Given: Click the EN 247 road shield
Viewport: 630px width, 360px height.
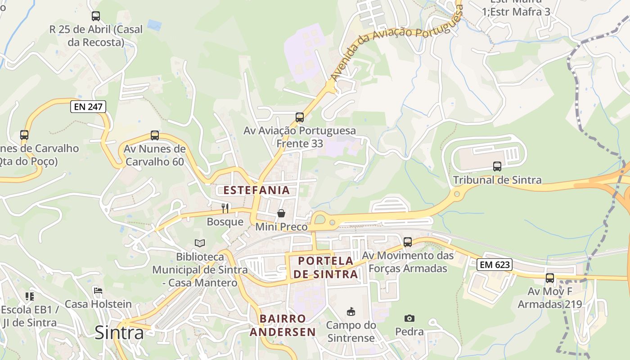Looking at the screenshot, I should pos(88,107).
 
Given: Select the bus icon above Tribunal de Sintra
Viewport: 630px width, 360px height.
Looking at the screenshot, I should pos(497,166).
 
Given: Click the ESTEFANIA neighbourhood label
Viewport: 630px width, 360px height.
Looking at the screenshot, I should pos(256,190).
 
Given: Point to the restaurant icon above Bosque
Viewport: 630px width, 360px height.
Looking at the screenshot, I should pos(225,208).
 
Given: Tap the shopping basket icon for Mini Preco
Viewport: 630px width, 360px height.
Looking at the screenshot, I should pos(281,213).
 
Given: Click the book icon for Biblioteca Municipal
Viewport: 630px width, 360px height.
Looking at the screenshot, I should pos(200,243).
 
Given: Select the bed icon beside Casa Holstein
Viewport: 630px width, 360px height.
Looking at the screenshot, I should pos(98,290).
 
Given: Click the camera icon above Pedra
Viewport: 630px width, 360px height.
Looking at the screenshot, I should pos(409,318).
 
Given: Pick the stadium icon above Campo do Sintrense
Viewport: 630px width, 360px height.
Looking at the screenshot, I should pos(351,311).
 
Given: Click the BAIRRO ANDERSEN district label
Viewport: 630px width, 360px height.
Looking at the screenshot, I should pos(283,325).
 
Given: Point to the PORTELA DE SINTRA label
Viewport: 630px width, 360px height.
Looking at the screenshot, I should pos(328,267).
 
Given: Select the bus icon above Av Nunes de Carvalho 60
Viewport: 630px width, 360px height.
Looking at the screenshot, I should pos(155,135).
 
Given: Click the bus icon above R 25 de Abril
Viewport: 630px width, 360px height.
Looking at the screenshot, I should pos(95,16).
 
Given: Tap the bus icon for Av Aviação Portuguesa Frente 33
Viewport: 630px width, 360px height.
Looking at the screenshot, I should pos(300,117).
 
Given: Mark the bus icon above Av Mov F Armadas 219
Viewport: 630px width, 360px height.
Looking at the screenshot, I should pos(549,278).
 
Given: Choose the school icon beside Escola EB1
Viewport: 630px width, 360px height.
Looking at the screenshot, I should pos(30,296).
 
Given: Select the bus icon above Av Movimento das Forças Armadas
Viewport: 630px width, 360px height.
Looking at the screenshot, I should pos(408,242).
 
